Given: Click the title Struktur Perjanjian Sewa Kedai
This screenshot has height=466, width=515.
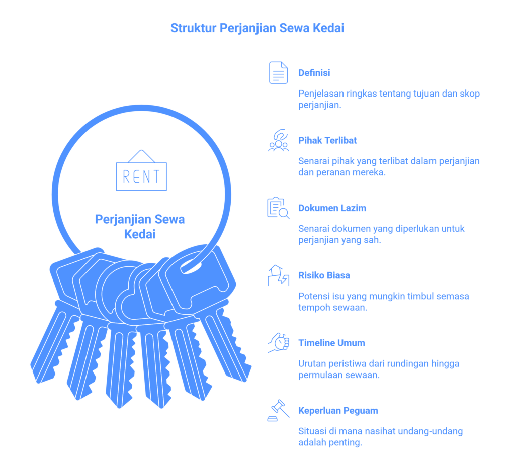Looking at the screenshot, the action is click(x=257, y=28).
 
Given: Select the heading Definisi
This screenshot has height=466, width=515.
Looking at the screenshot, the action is click(x=314, y=73).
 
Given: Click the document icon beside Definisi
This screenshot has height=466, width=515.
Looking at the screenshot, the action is click(x=278, y=72).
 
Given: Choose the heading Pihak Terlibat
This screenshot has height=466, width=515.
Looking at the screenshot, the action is click(x=327, y=141).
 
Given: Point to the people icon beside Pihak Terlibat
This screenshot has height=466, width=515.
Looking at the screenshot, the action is click(x=278, y=140).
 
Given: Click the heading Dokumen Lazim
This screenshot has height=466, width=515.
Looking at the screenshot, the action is click(x=332, y=208).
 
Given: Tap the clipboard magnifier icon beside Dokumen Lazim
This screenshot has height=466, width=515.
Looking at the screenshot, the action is click(x=278, y=208).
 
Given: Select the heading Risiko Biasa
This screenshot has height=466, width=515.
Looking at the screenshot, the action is click(x=324, y=275).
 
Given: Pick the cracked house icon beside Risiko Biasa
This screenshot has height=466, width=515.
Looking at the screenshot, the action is click(x=278, y=275).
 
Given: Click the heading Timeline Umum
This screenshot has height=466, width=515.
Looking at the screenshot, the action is click(x=331, y=343).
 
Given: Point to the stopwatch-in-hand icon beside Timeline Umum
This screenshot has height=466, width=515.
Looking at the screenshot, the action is click(x=278, y=343).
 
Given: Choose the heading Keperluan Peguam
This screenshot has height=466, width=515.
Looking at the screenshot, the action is click(x=338, y=411).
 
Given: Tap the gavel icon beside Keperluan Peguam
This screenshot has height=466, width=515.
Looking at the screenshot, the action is click(x=278, y=410).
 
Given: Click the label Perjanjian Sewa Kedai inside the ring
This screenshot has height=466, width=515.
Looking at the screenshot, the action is click(x=140, y=227).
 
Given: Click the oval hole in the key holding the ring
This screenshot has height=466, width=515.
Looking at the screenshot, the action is click(x=191, y=267).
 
